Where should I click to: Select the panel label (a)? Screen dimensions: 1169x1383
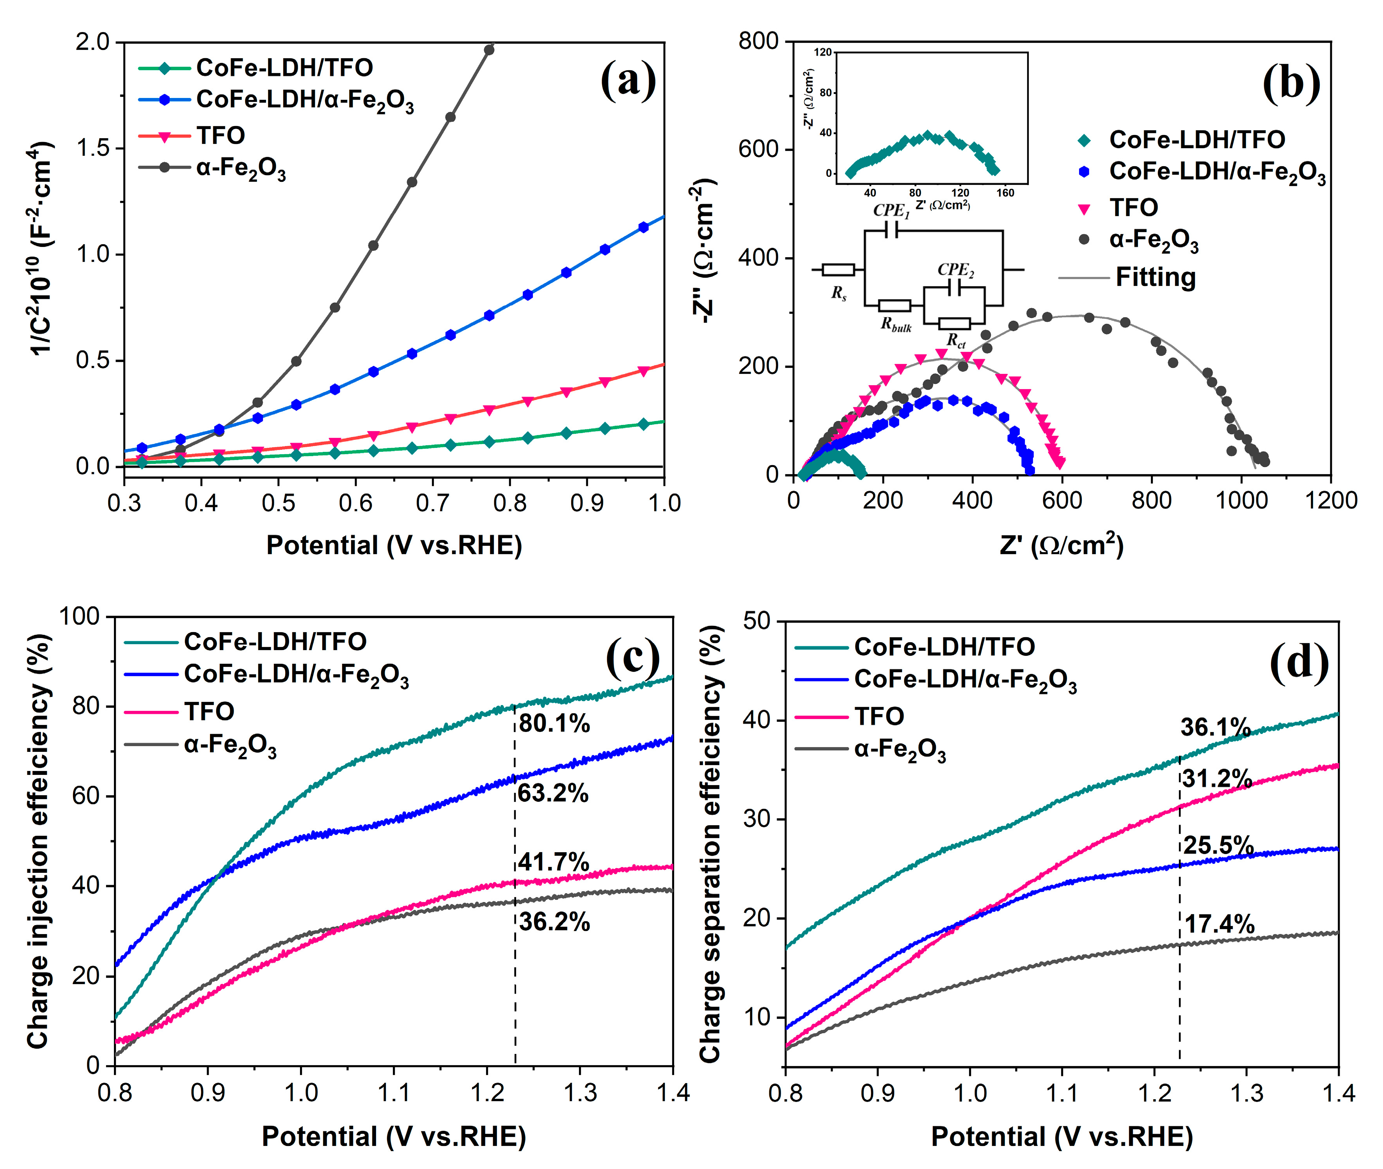(x=628, y=81)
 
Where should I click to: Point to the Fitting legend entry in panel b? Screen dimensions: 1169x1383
(x=1155, y=277)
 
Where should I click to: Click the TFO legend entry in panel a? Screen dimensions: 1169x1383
(x=221, y=136)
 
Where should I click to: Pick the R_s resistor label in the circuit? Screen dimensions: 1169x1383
(x=839, y=293)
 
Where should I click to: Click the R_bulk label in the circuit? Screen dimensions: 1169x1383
(x=896, y=325)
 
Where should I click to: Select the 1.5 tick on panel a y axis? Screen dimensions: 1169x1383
(x=93, y=148)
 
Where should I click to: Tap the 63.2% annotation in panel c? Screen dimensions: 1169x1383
(x=553, y=793)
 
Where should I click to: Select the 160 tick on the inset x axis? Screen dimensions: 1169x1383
(x=1005, y=193)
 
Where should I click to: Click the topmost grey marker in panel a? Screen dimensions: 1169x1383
(x=489, y=50)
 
